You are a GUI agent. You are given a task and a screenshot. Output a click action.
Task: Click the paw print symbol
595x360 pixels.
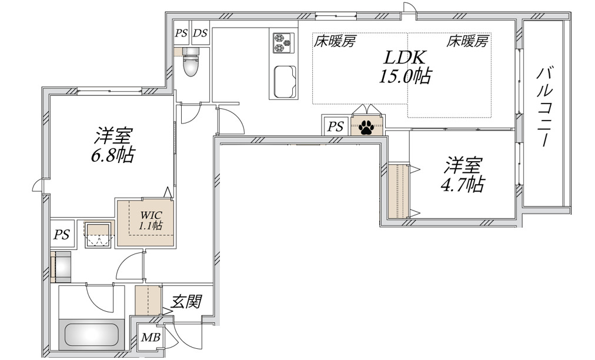tap(367, 126)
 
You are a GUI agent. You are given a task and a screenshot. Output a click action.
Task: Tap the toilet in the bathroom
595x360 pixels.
tap(190, 65)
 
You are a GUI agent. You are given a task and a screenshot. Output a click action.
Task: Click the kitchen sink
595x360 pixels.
tap(283, 81)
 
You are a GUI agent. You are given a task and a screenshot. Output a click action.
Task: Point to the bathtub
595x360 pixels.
tap(92, 334)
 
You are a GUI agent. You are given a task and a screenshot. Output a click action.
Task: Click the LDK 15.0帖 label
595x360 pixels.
tap(405, 66)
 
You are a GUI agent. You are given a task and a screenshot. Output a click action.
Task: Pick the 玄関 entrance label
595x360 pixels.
tap(187, 302)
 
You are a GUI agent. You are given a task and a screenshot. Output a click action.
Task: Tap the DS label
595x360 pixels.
tap(200, 34)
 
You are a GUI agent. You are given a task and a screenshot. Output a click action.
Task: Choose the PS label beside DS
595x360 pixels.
tap(181, 34)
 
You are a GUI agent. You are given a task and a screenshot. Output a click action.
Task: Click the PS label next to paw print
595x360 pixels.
tap(335, 126)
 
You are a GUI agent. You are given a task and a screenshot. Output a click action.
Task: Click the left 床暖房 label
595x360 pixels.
tap(335, 41)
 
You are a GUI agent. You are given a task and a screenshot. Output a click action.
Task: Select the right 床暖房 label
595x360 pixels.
tap(467, 41)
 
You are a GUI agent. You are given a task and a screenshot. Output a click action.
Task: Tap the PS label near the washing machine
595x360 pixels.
tap(62, 235)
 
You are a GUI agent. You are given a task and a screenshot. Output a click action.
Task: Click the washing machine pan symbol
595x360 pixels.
tap(98, 235)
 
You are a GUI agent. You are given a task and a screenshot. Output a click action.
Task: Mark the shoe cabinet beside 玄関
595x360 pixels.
tap(148, 300)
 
